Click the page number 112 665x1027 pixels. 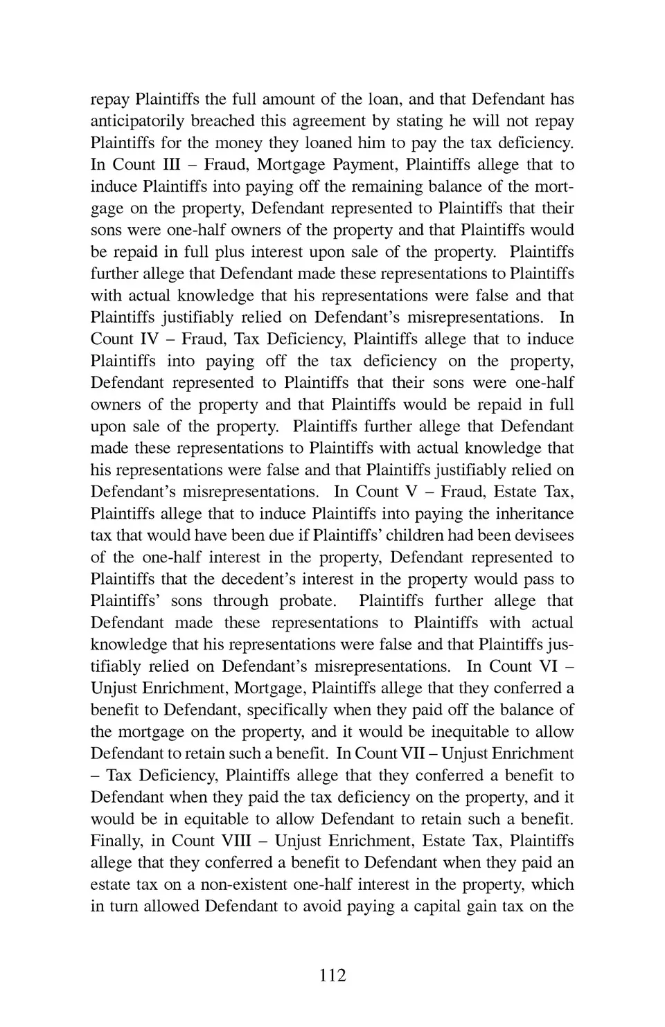(332, 975)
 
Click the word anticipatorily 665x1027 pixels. (137, 121)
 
